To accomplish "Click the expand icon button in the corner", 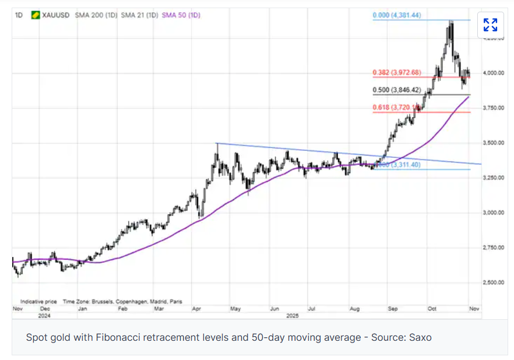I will (490, 24).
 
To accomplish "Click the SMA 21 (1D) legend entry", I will (139, 15).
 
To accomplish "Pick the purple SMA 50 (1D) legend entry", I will (181, 15).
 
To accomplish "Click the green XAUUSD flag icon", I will (35, 15).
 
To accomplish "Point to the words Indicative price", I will (38, 302).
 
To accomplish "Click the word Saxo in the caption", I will (419, 337).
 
